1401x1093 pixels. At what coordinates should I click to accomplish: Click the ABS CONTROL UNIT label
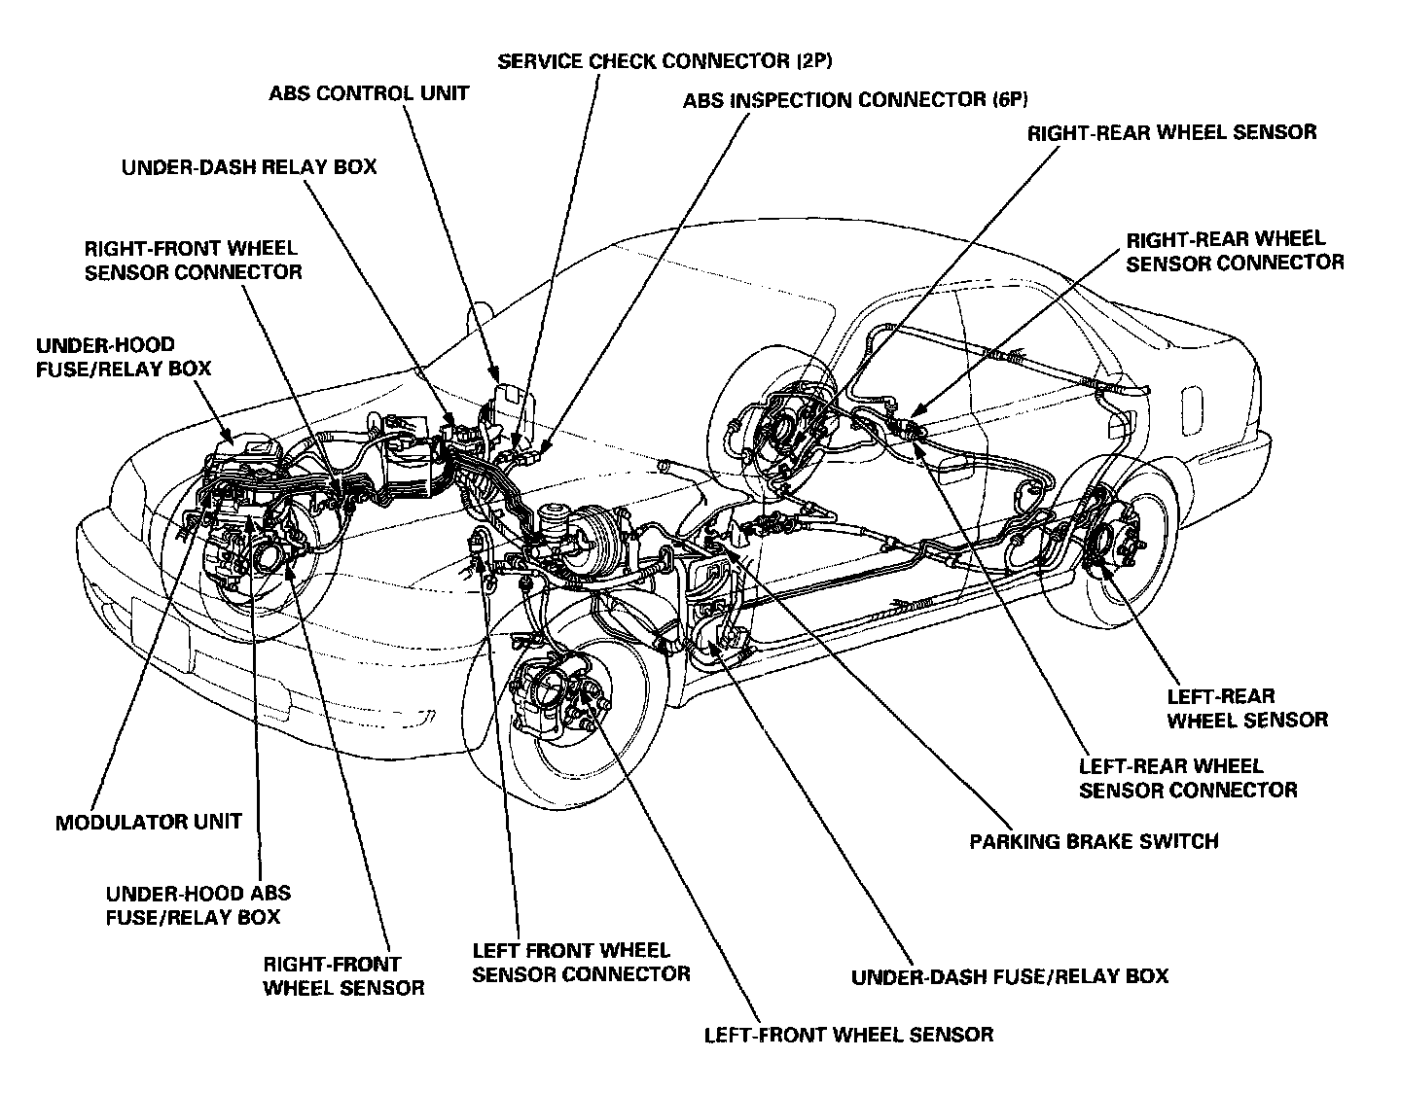pyautogui.click(x=369, y=94)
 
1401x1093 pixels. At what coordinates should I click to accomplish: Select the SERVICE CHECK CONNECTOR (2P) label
pyautogui.click(x=665, y=62)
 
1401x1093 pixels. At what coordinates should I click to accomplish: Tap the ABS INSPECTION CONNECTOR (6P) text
pyautogui.click(x=855, y=100)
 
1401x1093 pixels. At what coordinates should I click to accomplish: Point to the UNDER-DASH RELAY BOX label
pyautogui.click(x=249, y=167)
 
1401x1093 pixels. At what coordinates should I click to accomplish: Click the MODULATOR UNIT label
pyautogui.click(x=148, y=822)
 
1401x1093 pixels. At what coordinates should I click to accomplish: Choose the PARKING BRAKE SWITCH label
pyautogui.click(x=1094, y=840)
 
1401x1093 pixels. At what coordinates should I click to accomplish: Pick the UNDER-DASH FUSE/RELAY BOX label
pyautogui.click(x=1009, y=975)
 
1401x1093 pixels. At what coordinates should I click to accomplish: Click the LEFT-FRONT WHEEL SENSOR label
pyautogui.click(x=848, y=1034)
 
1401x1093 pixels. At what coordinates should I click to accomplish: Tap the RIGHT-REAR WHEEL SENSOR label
pyautogui.click(x=1171, y=131)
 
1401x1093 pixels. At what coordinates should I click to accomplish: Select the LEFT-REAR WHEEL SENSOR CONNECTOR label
pyautogui.click(x=1188, y=778)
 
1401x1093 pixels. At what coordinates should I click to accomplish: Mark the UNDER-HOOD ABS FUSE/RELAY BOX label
pyautogui.click(x=198, y=904)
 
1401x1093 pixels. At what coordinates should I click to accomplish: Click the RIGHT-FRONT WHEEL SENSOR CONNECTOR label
pyautogui.click(x=193, y=260)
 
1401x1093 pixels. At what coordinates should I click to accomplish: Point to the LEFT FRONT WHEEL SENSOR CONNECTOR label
pyautogui.click(x=581, y=961)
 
